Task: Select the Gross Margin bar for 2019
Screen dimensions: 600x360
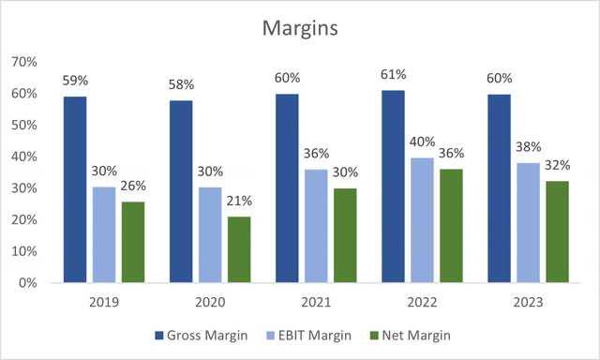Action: coord(75,189)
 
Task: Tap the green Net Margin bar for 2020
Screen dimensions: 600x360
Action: coord(239,249)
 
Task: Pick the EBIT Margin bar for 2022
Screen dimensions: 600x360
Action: coord(422,220)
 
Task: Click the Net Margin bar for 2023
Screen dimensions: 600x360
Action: coord(557,232)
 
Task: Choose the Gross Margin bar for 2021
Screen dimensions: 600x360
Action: coord(287,188)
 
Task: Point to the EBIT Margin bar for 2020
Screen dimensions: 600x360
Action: coord(210,235)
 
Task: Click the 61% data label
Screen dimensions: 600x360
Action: coord(393,75)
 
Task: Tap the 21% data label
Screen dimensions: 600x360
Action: coord(239,201)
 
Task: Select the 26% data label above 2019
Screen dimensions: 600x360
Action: coord(133,186)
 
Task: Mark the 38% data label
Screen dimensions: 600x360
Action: coord(528,147)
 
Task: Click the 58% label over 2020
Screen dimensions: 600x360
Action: coord(181,84)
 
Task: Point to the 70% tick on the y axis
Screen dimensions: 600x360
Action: coord(24,62)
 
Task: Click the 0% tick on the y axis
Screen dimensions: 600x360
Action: coord(27,283)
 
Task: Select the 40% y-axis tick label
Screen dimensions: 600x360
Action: coord(24,157)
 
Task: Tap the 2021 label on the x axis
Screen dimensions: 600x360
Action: coord(316,302)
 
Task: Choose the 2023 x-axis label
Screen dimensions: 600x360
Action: coord(528,302)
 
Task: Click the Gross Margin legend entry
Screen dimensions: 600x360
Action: coord(202,336)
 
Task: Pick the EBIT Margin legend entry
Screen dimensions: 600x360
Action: coord(308,336)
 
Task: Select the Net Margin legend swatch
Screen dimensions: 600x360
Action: coord(374,336)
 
